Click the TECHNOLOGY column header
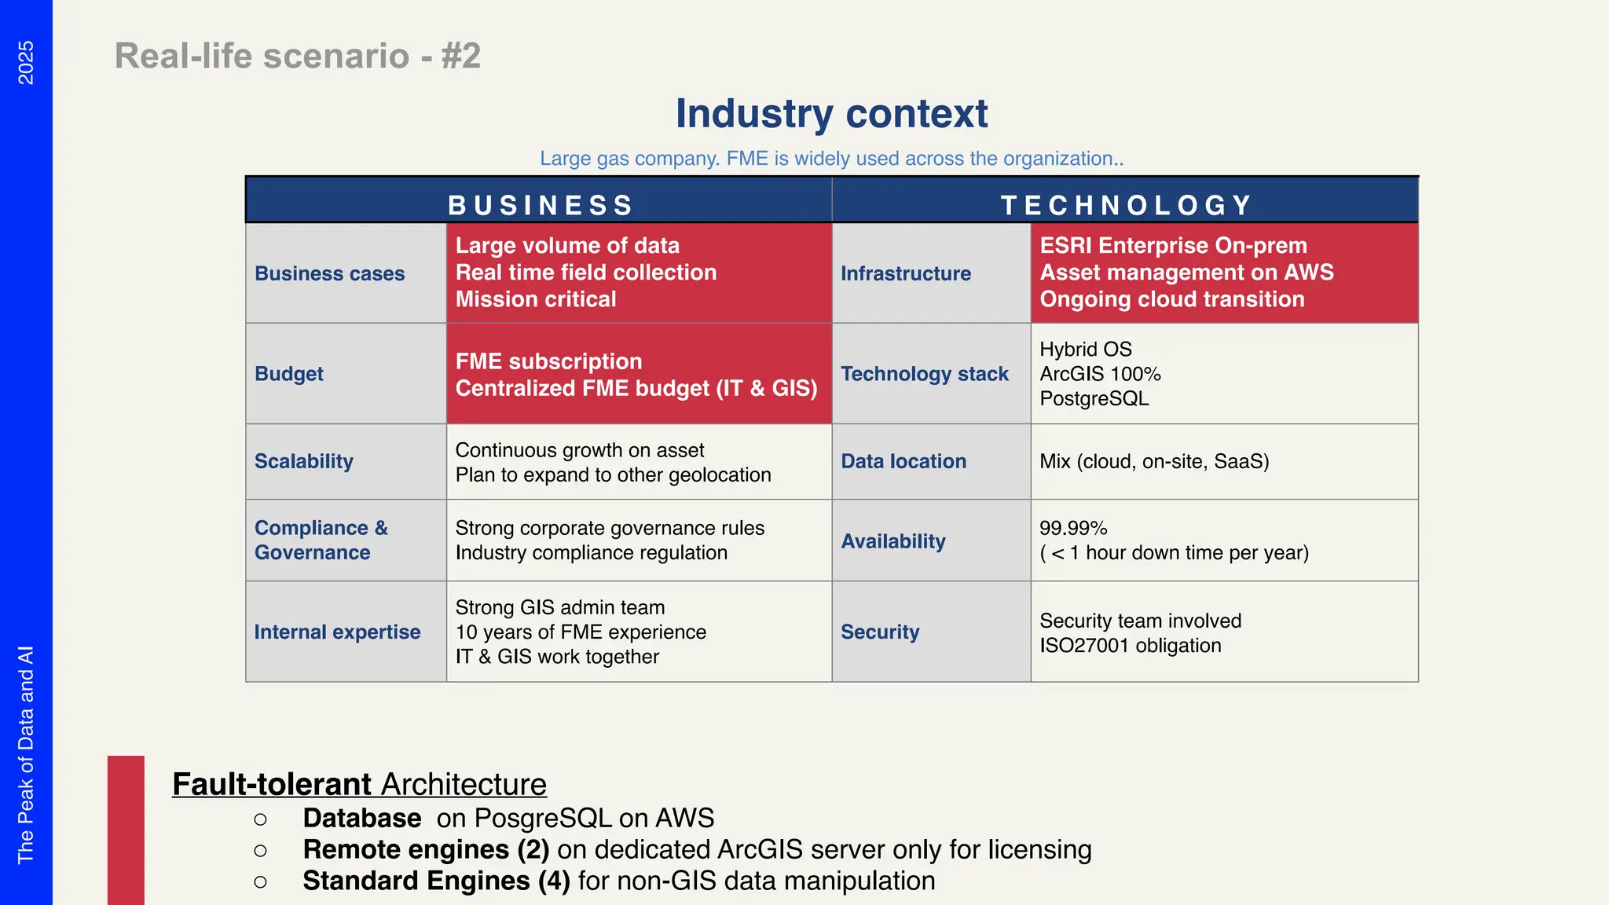1126,205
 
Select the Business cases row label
329,273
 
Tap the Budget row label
288,374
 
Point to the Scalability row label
303,461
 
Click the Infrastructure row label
905,273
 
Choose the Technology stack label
924,374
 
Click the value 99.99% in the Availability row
1072,528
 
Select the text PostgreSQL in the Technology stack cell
1094,398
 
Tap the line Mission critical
536,299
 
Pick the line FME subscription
548,361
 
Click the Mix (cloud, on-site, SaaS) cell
1153,461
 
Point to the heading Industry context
831,114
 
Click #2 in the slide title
460,56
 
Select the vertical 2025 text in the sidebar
26,63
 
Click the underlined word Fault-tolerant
272,784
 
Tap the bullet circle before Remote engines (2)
260,851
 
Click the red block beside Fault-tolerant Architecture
126,830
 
